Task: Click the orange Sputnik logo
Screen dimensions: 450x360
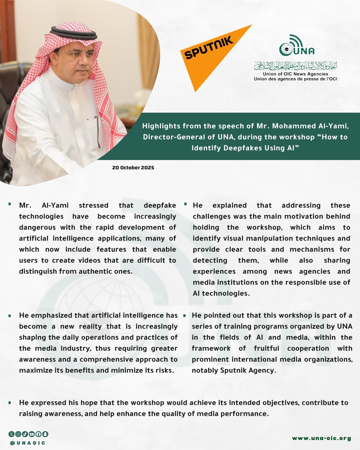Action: (x=213, y=53)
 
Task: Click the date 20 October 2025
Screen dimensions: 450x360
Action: (x=133, y=168)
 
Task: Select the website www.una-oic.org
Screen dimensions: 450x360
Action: (x=321, y=438)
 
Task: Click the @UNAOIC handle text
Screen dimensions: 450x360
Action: (x=28, y=443)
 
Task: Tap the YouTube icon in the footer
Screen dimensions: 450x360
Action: (x=32, y=434)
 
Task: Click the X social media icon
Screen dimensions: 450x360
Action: (x=12, y=434)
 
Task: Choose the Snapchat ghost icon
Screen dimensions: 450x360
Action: (x=45, y=434)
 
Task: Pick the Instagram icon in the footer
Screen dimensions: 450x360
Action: (x=18, y=434)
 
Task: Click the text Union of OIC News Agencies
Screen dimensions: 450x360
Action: (x=295, y=74)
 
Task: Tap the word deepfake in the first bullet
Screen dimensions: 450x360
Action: (x=160, y=205)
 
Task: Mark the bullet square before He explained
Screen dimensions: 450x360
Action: (x=185, y=204)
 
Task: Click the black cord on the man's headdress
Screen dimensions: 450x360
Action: (x=73, y=34)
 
